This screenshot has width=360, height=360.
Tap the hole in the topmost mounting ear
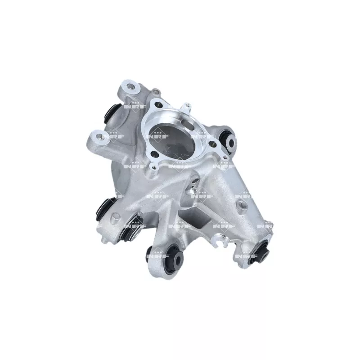130,86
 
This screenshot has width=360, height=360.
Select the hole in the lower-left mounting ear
99,137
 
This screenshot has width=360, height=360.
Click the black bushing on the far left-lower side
104,208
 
